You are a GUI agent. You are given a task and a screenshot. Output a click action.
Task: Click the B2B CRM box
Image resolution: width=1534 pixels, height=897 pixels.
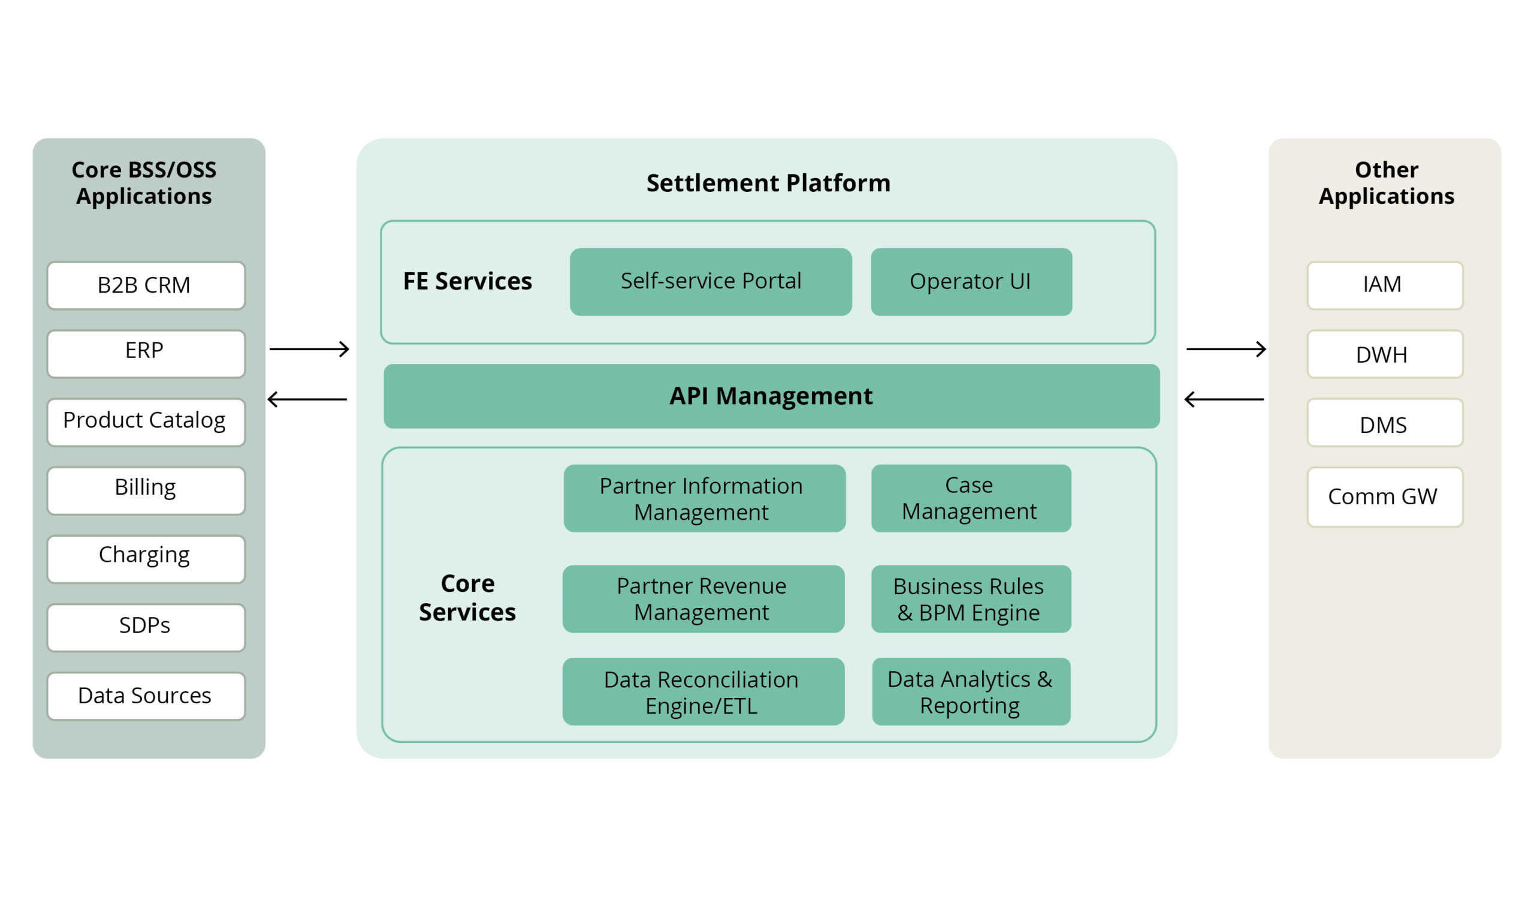click(146, 285)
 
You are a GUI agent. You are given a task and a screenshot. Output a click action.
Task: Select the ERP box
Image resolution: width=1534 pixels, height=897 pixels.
click(146, 354)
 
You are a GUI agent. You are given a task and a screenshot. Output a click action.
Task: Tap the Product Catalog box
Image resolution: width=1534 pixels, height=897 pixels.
click(146, 422)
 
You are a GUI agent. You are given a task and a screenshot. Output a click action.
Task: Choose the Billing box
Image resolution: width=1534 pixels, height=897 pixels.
click(146, 490)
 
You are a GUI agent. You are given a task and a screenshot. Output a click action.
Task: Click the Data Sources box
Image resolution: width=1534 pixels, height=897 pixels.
click(146, 696)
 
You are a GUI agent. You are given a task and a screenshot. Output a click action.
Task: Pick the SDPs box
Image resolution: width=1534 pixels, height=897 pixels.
click(146, 627)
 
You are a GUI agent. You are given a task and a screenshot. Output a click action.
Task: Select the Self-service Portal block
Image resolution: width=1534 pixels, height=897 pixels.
click(711, 281)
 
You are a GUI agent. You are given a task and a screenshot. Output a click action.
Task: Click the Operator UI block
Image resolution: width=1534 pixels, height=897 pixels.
click(971, 281)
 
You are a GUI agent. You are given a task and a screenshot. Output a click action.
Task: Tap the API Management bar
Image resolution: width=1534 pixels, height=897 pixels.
click(771, 396)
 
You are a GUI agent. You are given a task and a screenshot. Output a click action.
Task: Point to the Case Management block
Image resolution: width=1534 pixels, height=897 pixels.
click(971, 498)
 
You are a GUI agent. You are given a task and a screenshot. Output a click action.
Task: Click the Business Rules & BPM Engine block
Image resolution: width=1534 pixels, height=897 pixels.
click(971, 598)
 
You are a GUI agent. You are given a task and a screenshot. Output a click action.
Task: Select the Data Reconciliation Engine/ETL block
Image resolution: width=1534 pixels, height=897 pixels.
click(703, 691)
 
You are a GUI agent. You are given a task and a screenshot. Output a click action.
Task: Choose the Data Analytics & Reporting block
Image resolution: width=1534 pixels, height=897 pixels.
click(971, 691)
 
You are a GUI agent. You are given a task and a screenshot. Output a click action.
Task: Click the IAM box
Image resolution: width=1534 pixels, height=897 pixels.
click(1384, 285)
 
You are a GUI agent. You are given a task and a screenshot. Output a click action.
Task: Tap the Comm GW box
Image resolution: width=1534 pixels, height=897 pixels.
click(1384, 497)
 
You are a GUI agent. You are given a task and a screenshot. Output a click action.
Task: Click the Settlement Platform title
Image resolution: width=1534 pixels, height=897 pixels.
click(768, 183)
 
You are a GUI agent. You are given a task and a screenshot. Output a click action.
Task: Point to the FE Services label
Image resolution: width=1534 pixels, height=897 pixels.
click(467, 281)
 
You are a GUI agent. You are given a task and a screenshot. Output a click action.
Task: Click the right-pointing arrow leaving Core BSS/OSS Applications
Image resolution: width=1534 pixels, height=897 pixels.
click(309, 349)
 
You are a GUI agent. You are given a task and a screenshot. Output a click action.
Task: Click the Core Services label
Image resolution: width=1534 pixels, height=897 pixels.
click(467, 597)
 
